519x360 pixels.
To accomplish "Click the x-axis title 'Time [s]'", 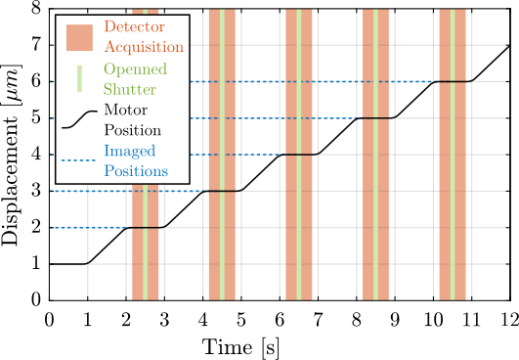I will (x=279, y=346).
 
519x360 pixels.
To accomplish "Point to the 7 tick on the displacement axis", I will (x=38, y=45).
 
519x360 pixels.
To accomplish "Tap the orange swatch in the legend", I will (x=78, y=36).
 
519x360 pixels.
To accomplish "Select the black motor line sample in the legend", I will (x=78, y=118).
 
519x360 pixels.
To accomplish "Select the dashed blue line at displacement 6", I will (x=293, y=81).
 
